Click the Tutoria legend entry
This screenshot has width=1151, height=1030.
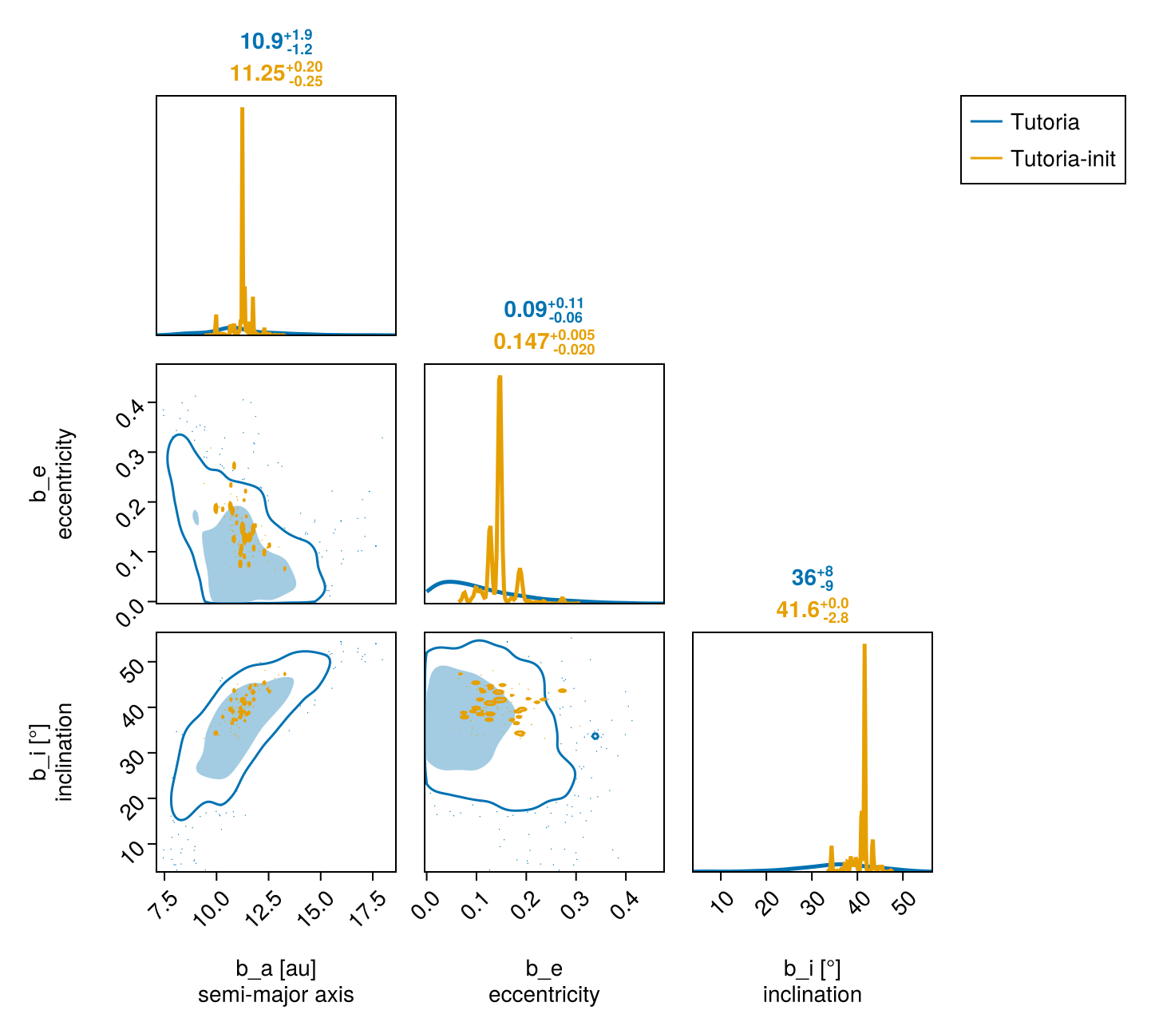pyautogui.click(x=1044, y=122)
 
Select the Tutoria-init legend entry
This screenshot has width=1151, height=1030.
pyautogui.click(x=1062, y=159)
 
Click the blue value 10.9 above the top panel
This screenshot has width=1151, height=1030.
pyautogui.click(x=262, y=42)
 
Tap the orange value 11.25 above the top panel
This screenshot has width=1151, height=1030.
pyautogui.click(x=257, y=73)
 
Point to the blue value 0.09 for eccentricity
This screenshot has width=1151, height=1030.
pyautogui.click(x=525, y=310)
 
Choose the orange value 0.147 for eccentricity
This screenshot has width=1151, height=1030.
pyautogui.click(x=521, y=342)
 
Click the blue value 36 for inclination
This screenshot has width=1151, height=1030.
pyautogui.click(x=804, y=578)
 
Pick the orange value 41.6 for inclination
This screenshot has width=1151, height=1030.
pyautogui.click(x=797, y=610)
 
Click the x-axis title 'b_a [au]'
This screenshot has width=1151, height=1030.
pyautogui.click(x=276, y=969)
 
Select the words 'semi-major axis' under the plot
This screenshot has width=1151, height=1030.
pyautogui.click(x=276, y=995)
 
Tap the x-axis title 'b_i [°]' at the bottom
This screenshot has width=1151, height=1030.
pyautogui.click(x=812, y=969)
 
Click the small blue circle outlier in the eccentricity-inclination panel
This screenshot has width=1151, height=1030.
pyautogui.click(x=595, y=735)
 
